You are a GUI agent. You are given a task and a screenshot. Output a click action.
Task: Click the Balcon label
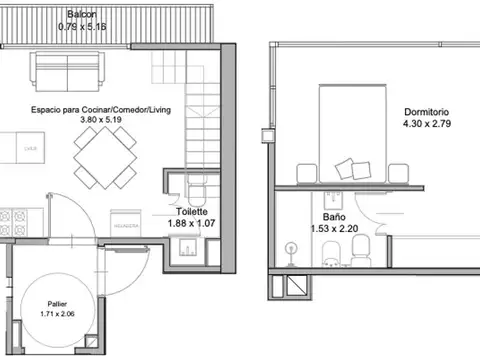(82, 15)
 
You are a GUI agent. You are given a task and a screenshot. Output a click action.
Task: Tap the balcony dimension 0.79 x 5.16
(82, 27)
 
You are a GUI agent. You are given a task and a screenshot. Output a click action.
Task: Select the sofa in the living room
(68, 72)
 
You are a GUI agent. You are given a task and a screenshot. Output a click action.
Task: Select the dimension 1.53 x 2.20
(334, 228)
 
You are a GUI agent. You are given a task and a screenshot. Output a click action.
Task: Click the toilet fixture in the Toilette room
(196, 192)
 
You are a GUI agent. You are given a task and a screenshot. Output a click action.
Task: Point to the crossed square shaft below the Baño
(297, 285)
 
